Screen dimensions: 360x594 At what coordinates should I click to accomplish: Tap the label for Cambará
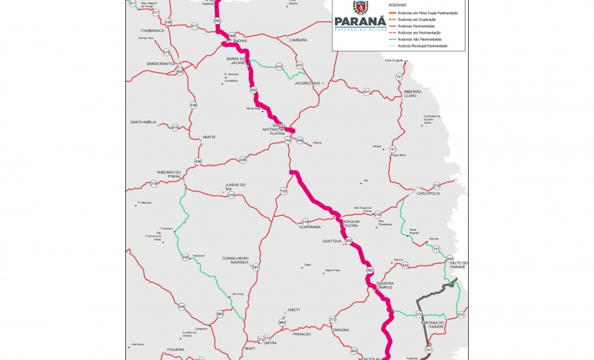297,40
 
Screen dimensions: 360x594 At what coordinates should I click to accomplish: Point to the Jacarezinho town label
308,83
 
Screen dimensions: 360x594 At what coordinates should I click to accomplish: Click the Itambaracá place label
152,30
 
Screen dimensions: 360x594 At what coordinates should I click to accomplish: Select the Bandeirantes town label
162,64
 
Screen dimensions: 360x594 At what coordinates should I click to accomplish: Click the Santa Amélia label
143,122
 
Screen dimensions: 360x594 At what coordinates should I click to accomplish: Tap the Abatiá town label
209,137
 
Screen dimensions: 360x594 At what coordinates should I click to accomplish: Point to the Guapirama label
310,228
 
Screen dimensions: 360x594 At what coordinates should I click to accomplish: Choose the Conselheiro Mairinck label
236,260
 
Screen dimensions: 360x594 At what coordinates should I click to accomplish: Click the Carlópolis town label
428,193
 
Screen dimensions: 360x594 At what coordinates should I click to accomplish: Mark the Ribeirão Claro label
413,94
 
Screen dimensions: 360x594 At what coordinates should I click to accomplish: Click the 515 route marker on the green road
279,67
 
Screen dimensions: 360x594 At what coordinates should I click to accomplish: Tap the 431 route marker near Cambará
299,66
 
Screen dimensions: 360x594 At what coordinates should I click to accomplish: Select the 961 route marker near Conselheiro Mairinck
256,267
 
